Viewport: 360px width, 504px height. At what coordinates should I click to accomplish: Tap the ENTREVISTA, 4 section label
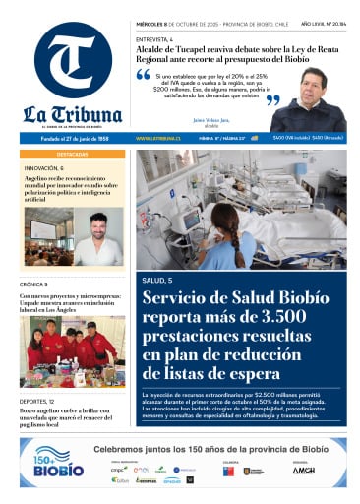[154, 38]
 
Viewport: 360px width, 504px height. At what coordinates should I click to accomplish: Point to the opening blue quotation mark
[143, 74]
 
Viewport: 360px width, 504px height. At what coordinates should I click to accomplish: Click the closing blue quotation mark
[273, 99]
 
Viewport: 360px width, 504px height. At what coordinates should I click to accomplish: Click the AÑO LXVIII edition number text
[319, 22]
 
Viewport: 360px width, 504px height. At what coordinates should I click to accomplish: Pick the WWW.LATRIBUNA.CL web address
[155, 138]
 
